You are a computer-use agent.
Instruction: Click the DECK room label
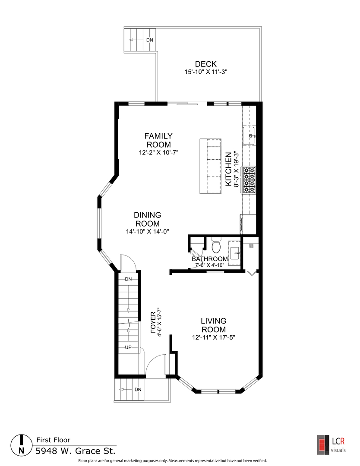click(206, 64)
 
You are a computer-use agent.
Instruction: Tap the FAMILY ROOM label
click(158, 140)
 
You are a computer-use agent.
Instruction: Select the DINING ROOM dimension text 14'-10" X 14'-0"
click(148, 232)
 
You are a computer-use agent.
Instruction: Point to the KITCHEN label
click(228, 169)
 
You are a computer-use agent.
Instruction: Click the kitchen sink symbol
click(249, 136)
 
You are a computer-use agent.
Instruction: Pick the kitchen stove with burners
click(249, 180)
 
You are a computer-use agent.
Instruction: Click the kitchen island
click(211, 166)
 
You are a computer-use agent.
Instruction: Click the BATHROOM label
click(210, 259)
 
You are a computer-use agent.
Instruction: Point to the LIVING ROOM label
click(213, 325)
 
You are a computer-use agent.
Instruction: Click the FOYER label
click(153, 322)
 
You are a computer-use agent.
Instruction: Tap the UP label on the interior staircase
click(128, 347)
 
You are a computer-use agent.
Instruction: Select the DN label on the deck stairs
click(149, 40)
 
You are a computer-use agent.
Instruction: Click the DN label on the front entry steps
click(138, 390)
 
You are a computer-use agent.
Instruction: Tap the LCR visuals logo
click(331, 444)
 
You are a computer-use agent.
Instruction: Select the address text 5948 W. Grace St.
click(76, 451)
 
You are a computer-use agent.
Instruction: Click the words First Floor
click(53, 440)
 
